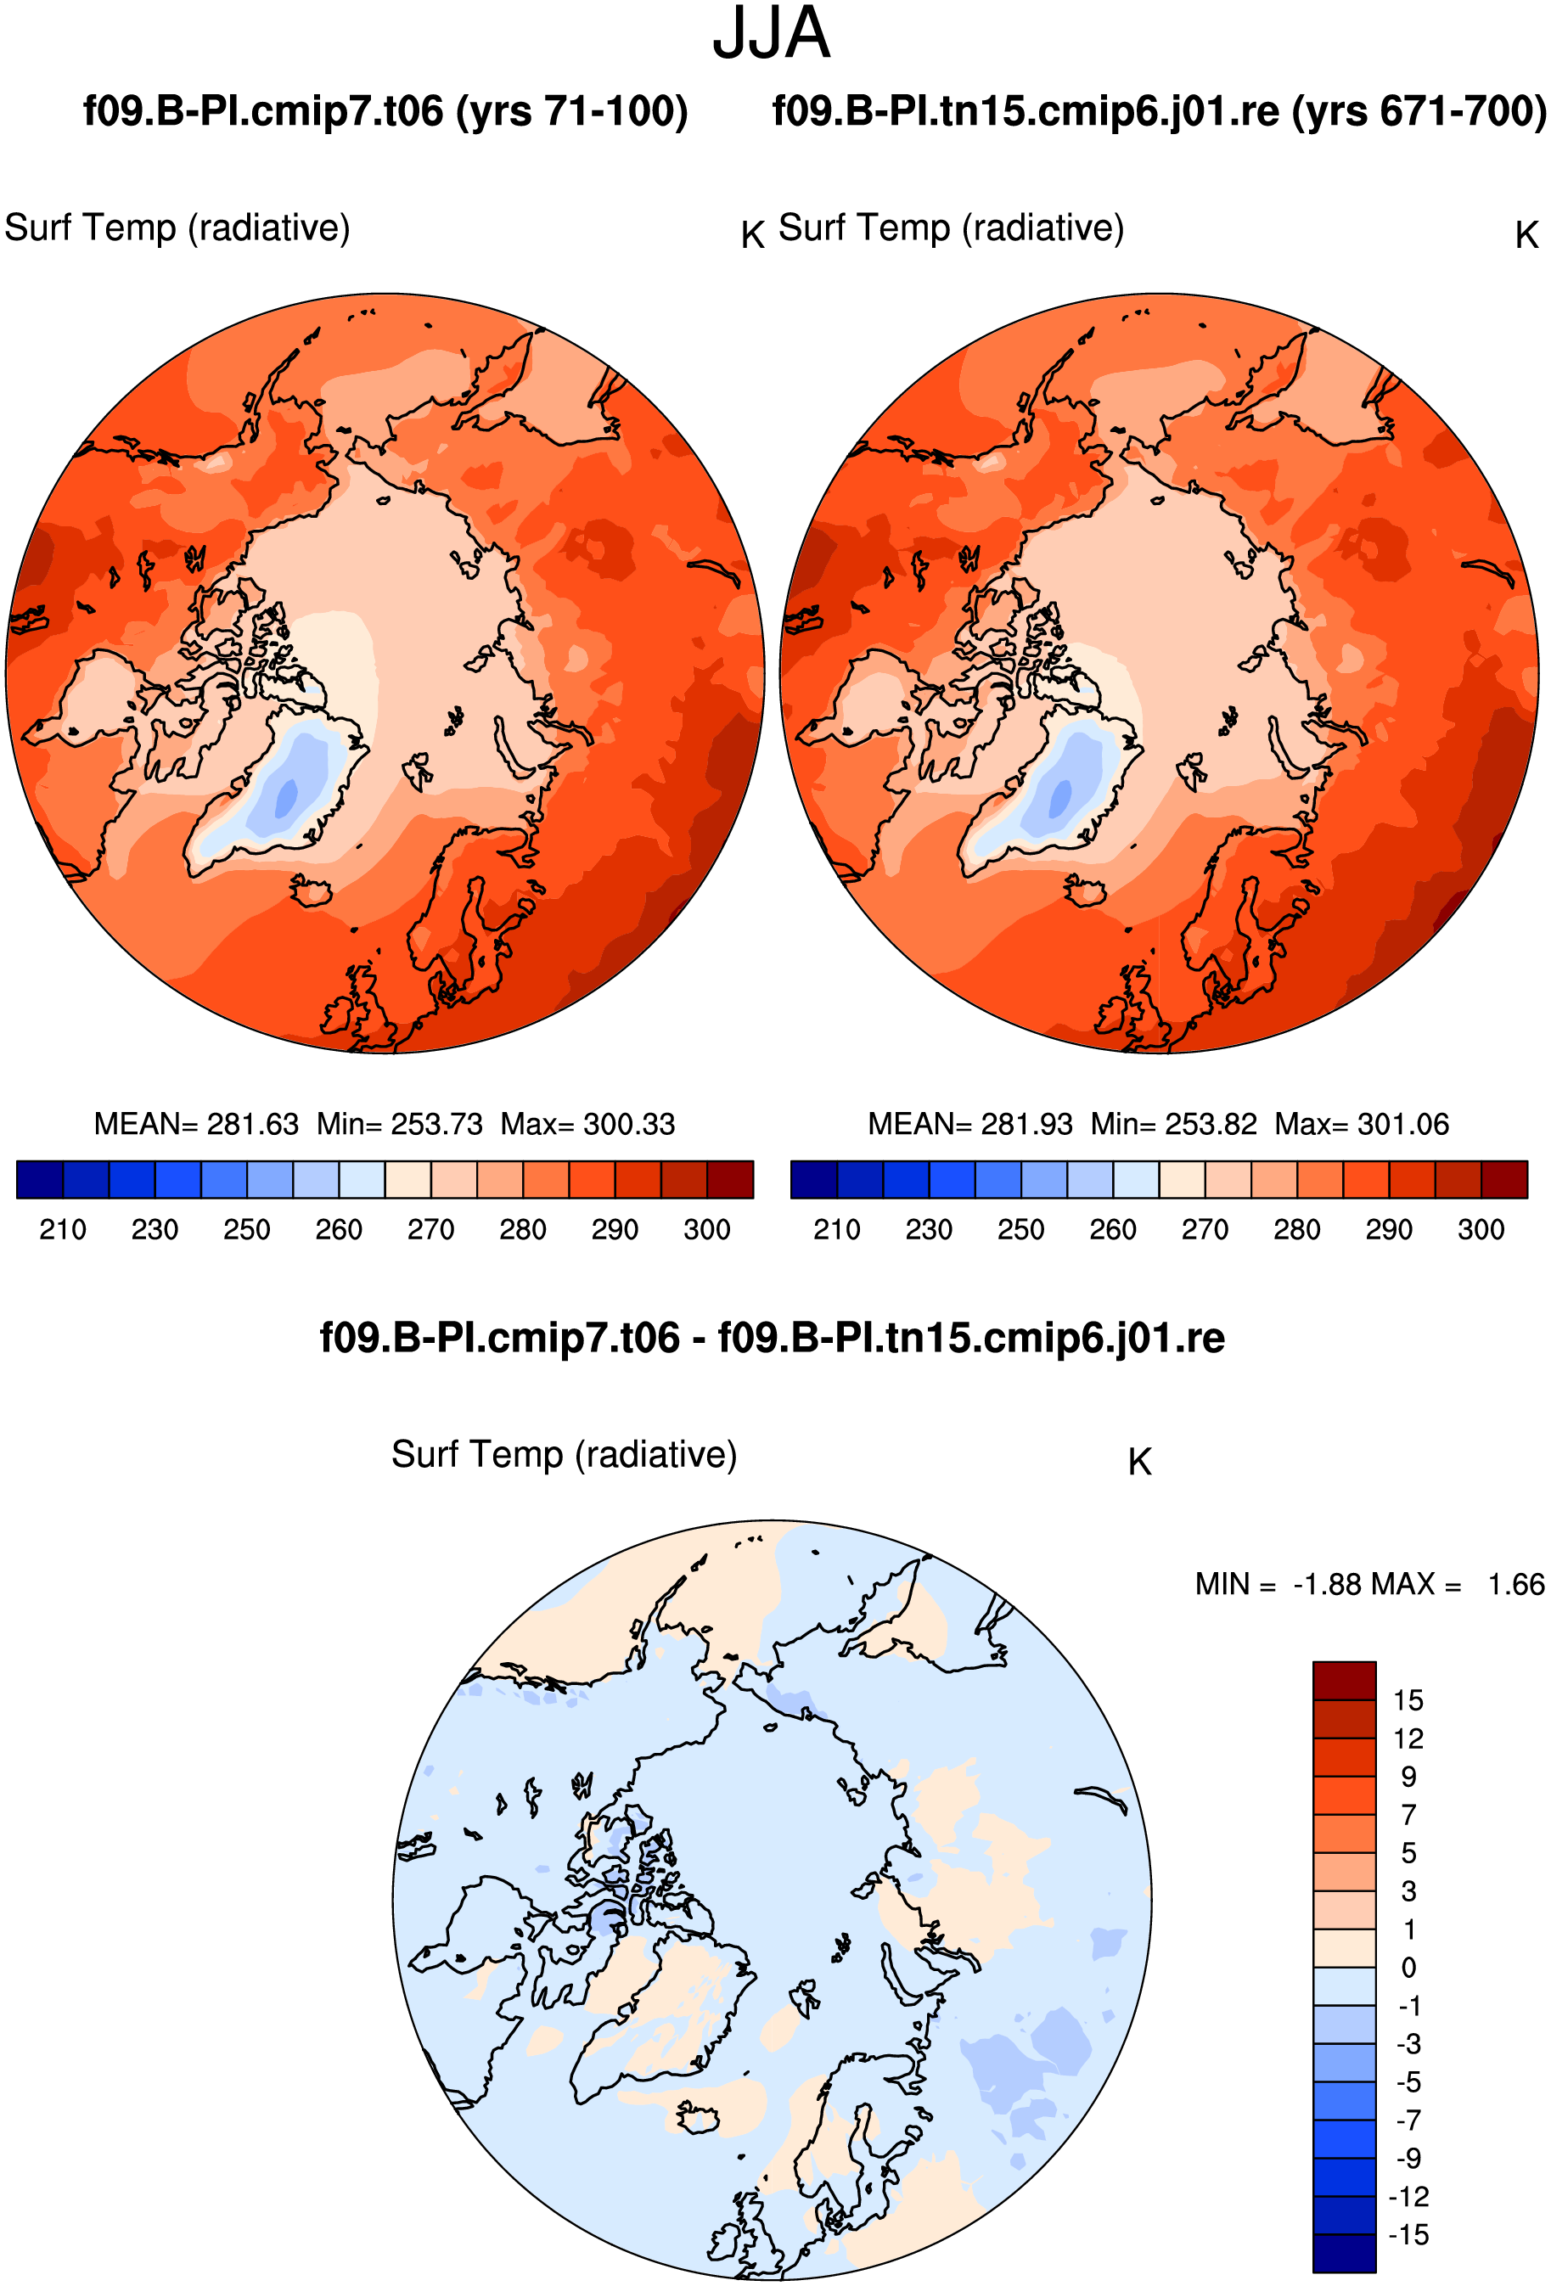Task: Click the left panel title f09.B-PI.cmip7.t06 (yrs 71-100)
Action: click(385, 111)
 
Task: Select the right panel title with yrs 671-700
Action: click(1160, 111)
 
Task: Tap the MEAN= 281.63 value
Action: click(196, 1123)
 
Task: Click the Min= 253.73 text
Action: click(399, 1123)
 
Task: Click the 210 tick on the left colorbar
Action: click(63, 1229)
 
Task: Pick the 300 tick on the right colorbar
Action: click(1481, 1229)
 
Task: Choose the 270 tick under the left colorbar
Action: click(430, 1229)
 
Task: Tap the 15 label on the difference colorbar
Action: click(1408, 1699)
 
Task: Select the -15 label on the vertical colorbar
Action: click(1408, 2234)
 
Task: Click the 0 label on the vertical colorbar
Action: click(1409, 1968)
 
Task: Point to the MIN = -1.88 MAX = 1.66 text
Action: click(1370, 1584)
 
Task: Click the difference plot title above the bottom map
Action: click(772, 1338)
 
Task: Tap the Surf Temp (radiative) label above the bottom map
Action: click(564, 1454)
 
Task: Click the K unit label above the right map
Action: click(1526, 235)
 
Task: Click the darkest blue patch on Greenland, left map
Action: click(286, 797)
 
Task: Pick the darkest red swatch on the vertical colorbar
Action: click(1344, 1680)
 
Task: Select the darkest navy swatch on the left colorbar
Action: click(40, 1179)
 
